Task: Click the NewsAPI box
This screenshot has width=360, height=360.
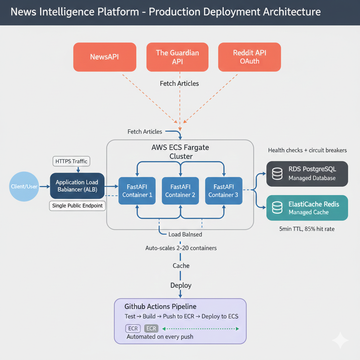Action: pos(104,57)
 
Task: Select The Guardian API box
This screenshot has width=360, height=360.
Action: pos(177,57)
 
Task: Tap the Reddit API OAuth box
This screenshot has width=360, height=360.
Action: pos(250,57)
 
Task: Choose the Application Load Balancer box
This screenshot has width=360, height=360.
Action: pos(77,186)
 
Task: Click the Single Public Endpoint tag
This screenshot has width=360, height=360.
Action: pos(77,206)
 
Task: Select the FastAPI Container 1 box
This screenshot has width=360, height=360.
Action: pos(137,191)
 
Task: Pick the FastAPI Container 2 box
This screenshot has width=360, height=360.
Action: pos(180,191)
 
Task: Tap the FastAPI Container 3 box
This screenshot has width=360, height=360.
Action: pos(224,191)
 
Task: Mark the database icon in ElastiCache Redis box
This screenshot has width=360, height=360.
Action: pos(277,208)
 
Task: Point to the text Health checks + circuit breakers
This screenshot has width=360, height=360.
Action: pos(307,150)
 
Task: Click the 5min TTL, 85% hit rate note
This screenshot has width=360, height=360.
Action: pos(307,229)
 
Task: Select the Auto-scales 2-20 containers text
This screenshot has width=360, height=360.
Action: pos(181,248)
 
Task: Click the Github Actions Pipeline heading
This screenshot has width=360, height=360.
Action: pos(160,307)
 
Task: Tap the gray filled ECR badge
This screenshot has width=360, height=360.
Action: pos(151,329)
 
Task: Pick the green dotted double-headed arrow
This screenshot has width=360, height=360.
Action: pos(200,329)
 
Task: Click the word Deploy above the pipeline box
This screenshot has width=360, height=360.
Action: pos(181,285)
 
